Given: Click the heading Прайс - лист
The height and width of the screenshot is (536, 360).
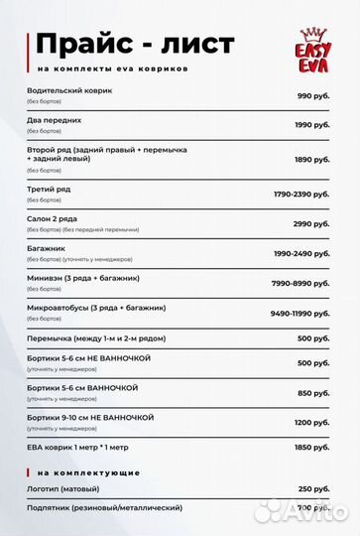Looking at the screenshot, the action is point(135,45).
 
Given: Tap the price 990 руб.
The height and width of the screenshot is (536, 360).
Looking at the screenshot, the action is point(313,95).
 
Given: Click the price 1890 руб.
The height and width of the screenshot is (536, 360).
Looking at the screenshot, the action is point(311,159).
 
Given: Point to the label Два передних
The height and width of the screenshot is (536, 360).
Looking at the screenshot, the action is point(55,119).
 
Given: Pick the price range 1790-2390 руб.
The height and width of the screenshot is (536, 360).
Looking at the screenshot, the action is point(301,193).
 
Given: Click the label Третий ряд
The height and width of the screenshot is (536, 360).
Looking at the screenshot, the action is point(50,188).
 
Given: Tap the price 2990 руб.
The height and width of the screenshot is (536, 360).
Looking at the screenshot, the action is point(311,223).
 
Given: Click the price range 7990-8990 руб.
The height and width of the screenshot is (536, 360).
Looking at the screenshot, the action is point(301,283).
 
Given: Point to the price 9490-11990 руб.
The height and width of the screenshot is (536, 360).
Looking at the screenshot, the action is point(300,313).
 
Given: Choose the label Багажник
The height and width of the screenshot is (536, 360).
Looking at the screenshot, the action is point(46,247).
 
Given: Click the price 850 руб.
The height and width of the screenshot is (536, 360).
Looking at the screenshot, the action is point(313,392).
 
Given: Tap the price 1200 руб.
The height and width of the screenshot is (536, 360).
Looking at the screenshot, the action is point(311,422).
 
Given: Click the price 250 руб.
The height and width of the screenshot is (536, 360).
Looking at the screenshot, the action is point(313,489).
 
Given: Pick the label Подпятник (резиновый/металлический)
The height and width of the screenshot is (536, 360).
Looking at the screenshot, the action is point(104,507).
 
